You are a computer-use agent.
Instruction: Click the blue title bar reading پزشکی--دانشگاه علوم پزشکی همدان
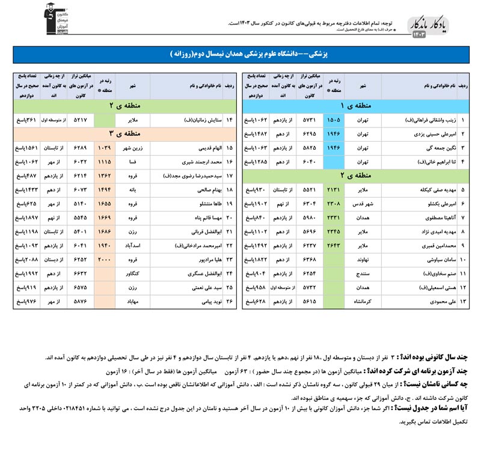(240, 54)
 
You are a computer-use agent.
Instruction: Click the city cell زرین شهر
(130, 147)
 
